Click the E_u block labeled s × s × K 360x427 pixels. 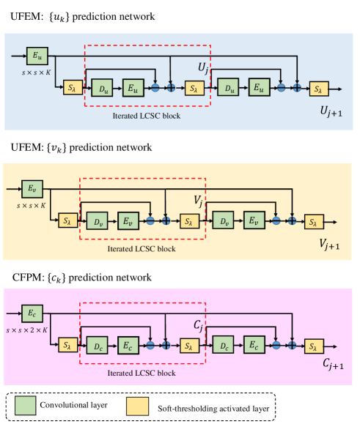tap(37, 55)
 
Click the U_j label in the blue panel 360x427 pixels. tap(205, 68)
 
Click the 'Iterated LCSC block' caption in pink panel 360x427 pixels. tap(141, 373)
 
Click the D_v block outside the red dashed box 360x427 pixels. tap(224, 219)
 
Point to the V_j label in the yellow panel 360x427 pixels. tap(197, 198)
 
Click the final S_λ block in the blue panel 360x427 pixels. tap(319, 89)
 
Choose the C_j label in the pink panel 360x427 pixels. tap(198, 323)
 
